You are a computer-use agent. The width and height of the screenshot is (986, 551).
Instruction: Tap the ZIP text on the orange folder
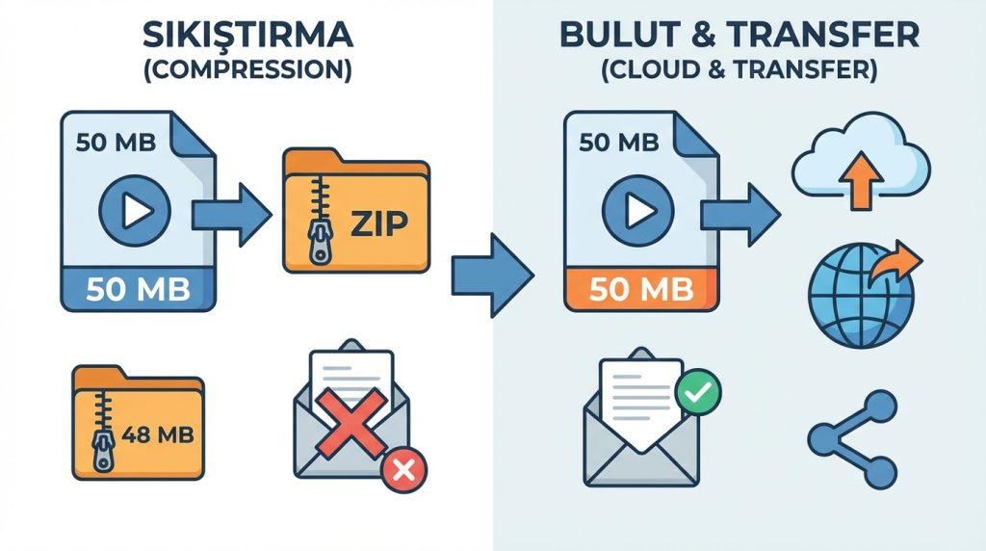[x=378, y=223]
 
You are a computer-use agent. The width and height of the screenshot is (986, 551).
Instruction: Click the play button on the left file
[x=135, y=209]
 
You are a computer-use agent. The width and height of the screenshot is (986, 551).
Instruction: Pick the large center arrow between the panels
[x=491, y=275]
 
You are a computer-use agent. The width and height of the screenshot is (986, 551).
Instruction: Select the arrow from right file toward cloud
[x=738, y=212]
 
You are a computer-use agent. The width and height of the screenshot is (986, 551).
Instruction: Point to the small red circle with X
[x=403, y=470]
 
